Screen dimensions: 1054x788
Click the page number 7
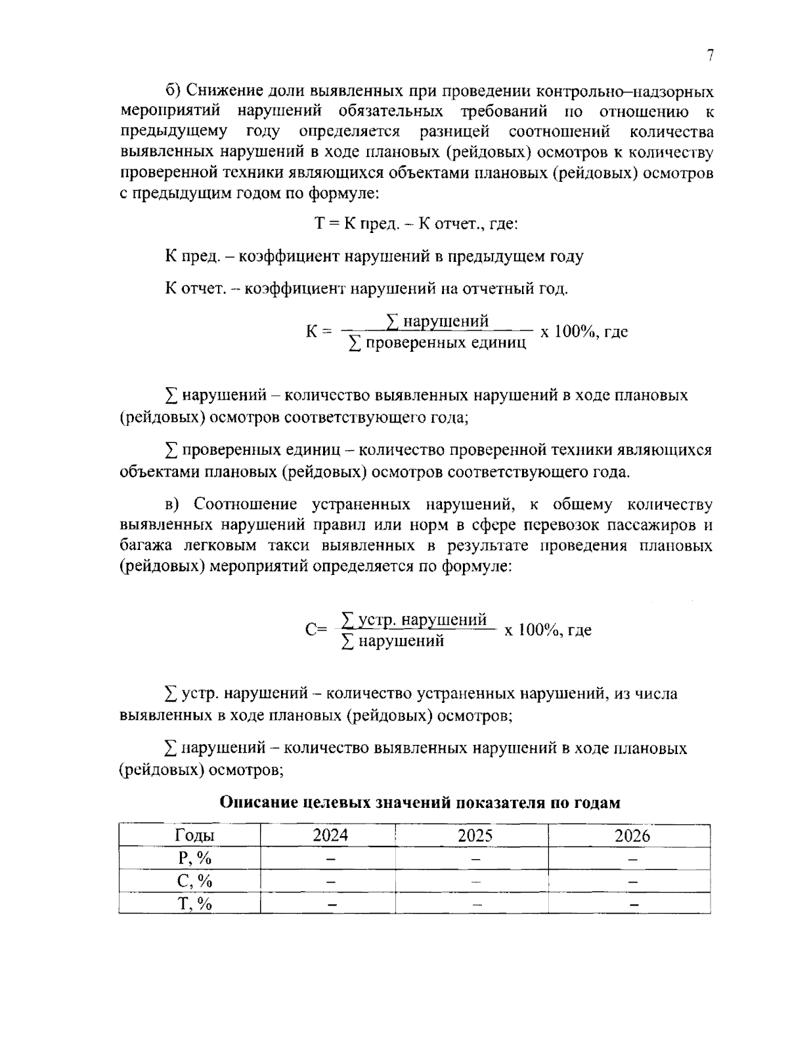tap(710, 56)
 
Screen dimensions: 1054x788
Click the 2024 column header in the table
tap(330, 835)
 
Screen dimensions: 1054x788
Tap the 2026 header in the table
tap(632, 835)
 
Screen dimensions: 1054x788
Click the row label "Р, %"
tap(194, 858)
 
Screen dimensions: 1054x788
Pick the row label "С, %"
tap(194, 881)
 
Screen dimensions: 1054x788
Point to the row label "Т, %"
tap(194, 904)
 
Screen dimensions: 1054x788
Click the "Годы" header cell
tap(195, 835)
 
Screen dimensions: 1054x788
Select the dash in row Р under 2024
tap(331, 858)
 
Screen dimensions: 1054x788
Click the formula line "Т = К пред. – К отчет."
tap(416, 224)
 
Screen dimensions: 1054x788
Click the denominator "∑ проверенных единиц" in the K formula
tap(437, 343)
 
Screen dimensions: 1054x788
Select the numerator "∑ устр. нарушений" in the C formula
tap(414, 620)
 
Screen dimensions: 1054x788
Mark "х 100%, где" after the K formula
tap(584, 331)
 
